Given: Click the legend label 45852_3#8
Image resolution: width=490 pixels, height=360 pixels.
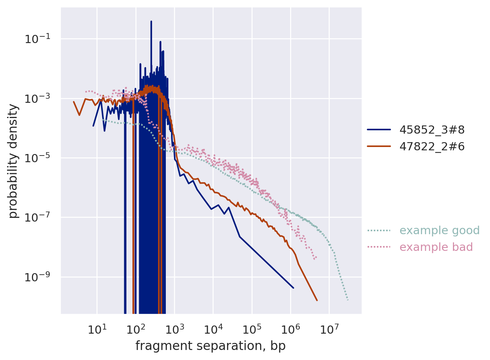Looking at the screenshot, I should pos(432,130).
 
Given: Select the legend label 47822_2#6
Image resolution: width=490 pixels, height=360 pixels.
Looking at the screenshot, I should pos(432,147).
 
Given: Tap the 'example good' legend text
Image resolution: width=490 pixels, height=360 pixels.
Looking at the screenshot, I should pos(439,230).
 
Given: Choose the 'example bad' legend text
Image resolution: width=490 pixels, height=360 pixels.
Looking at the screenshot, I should pos(436,247).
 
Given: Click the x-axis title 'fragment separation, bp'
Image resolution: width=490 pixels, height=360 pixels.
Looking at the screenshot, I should pos(210,346).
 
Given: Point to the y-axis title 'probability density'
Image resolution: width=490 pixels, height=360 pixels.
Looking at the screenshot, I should pos(13,161).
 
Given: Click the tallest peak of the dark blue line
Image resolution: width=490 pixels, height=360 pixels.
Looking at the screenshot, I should pos(151,22).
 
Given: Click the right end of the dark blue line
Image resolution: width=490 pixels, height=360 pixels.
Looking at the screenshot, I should pos(293,288).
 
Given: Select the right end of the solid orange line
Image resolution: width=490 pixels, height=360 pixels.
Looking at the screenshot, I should pos(317,300).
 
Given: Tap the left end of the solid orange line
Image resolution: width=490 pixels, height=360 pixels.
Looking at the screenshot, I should pos(73,102).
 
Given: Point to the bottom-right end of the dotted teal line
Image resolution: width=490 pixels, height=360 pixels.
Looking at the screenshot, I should pos(348,300).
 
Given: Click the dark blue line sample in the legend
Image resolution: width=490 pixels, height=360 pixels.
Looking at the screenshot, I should pos(379,130).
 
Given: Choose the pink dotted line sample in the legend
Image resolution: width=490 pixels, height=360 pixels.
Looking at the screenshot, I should pos(379,247).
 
